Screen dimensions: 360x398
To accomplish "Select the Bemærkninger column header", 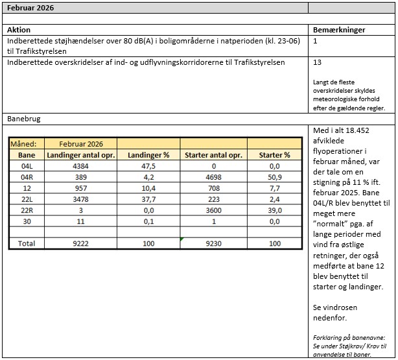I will point(339,30).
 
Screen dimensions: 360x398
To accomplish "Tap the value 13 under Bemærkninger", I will point(317,63).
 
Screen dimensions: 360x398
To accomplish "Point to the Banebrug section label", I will point(25,119).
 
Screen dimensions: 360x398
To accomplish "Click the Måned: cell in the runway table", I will point(27,143).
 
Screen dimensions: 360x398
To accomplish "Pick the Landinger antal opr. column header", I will point(80,155).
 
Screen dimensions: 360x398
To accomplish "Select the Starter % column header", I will point(274,155).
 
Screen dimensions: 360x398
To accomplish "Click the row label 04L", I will point(27,166).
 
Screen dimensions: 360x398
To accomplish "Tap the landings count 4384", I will point(80,166).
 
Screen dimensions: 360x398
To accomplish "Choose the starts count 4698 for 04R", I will point(213,177).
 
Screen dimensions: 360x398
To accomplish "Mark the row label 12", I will point(27,188).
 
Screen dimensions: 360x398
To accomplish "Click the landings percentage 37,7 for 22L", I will point(148,199).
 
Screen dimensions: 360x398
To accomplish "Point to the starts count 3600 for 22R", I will point(213,210).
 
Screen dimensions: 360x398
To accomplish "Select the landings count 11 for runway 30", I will point(80,221).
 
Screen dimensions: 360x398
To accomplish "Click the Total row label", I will point(27,244).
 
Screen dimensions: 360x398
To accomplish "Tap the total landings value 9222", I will point(80,244).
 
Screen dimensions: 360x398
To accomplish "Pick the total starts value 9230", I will point(213,244).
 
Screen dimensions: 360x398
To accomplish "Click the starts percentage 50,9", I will point(274,177).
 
